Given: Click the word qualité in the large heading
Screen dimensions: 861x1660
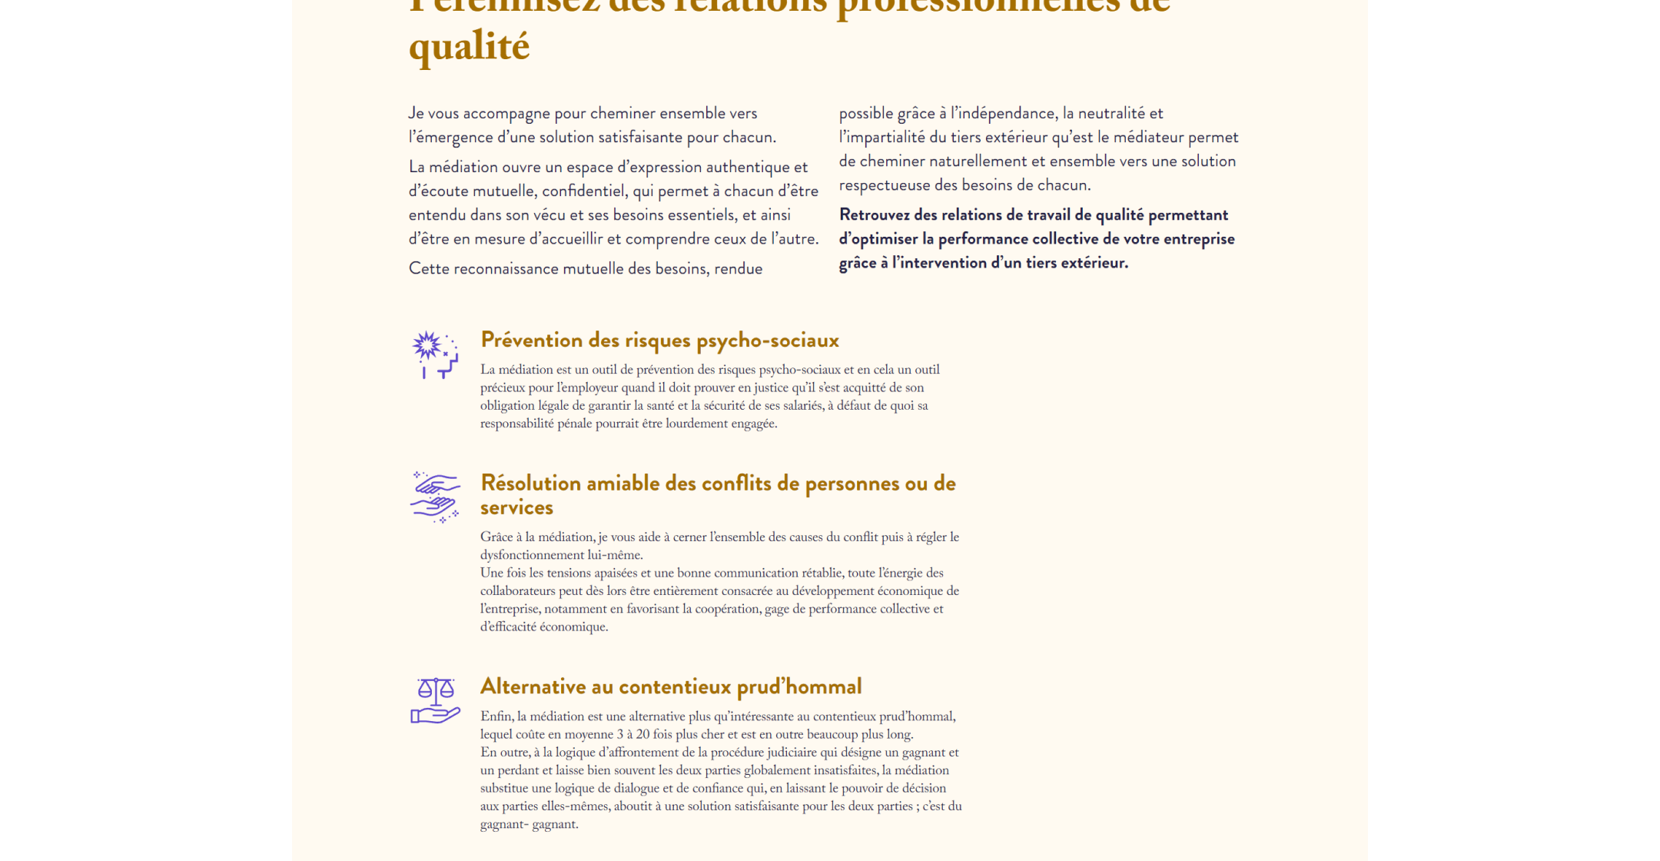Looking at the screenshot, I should click(x=469, y=47).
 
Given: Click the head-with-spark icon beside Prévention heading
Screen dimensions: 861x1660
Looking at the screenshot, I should click(x=434, y=354).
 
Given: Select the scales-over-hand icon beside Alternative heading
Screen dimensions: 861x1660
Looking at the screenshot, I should click(x=435, y=700).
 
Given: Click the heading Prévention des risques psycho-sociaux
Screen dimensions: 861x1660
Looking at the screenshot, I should click(x=659, y=340).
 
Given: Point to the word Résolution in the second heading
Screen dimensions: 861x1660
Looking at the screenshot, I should click(x=530, y=484).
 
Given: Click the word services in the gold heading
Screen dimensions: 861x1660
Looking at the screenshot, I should click(x=516, y=507).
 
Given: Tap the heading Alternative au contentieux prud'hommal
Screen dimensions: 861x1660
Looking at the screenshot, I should click(x=671, y=686).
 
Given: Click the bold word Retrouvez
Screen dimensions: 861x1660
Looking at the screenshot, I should click(x=875, y=215).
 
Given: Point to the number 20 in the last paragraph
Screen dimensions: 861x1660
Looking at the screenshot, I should click(x=642, y=734).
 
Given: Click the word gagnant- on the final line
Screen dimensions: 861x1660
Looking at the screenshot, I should click(x=503, y=824).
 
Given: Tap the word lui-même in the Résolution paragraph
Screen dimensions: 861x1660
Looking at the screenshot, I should click(x=616, y=555).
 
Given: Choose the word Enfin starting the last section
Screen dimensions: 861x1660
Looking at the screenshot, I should click(x=496, y=716).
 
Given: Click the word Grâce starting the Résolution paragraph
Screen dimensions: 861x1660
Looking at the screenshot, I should click(x=496, y=537).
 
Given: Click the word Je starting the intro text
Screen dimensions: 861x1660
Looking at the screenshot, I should click(x=416, y=114).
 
